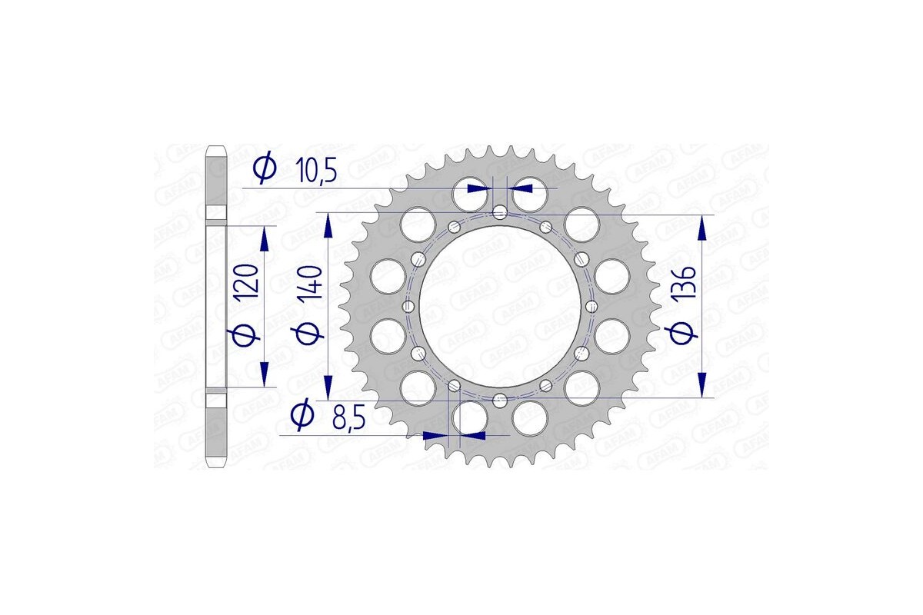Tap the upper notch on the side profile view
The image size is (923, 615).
tap(218, 212)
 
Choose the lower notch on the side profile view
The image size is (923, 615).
tap(218, 400)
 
